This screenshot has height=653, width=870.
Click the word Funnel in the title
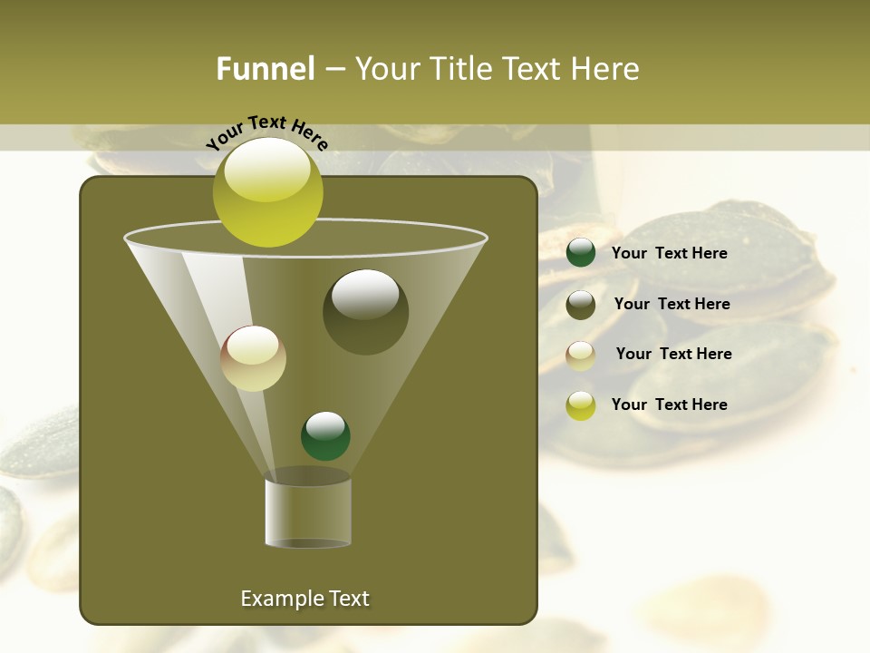click(x=265, y=69)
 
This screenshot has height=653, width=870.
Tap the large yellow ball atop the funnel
click(x=267, y=192)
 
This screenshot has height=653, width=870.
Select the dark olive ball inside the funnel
click(x=365, y=312)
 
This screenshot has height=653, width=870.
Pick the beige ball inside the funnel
click(x=253, y=358)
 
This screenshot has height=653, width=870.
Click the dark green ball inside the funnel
click(x=325, y=436)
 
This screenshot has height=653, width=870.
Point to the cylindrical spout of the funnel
click(x=308, y=513)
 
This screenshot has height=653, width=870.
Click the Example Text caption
click(x=304, y=599)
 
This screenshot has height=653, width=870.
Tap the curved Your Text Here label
click(x=267, y=133)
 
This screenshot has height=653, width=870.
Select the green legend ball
click(x=581, y=253)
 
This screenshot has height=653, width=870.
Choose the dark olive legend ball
click(x=581, y=305)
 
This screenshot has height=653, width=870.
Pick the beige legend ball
click(x=581, y=356)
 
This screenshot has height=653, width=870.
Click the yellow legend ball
click(x=581, y=405)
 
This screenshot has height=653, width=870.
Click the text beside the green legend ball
click(x=669, y=253)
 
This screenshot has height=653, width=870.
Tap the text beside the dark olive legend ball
click(x=672, y=304)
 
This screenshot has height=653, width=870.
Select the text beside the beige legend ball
click(x=673, y=354)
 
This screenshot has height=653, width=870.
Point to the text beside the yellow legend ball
click(x=669, y=404)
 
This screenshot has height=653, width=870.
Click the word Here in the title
click(x=606, y=69)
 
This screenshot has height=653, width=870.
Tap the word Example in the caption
click(x=279, y=599)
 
